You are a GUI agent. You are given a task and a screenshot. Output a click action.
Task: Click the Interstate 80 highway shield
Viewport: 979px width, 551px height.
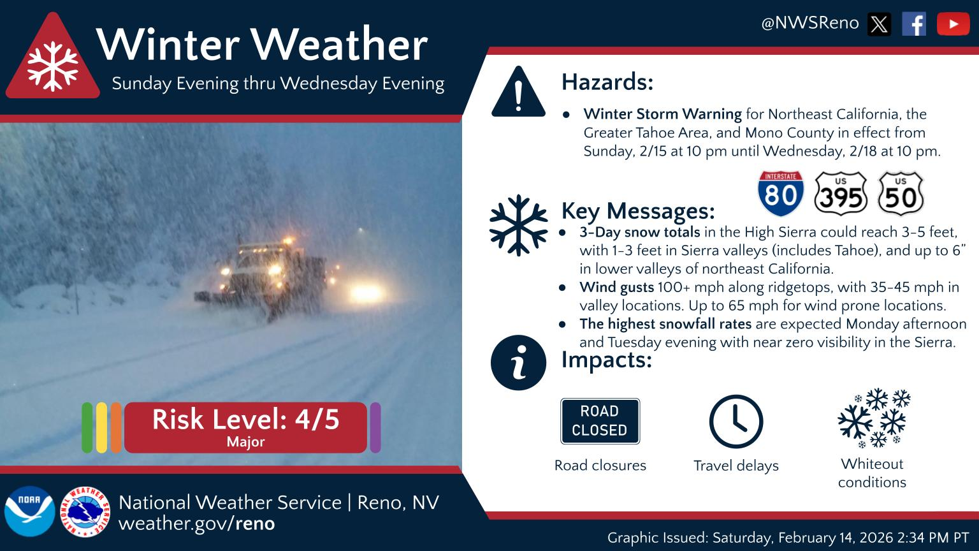(780, 193)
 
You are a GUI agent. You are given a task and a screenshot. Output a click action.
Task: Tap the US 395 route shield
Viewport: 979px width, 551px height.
(841, 193)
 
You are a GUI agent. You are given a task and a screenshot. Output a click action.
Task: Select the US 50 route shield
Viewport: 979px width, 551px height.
(900, 193)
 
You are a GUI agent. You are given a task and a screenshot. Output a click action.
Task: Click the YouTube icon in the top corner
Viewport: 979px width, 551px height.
(953, 24)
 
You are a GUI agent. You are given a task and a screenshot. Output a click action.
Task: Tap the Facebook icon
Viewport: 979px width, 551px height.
(914, 24)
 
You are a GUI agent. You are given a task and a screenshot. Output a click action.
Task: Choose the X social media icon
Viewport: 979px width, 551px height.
(879, 24)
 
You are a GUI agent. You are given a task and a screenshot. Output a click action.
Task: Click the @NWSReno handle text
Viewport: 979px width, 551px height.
(809, 24)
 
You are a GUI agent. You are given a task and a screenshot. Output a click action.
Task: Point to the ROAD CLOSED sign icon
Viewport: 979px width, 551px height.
(600, 421)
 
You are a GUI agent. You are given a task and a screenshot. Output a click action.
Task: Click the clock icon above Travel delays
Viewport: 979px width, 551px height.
(736, 422)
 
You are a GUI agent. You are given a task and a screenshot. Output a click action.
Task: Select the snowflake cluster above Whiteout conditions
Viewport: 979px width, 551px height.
(873, 418)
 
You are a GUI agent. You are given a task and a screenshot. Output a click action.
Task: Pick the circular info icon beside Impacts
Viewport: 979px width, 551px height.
(518, 362)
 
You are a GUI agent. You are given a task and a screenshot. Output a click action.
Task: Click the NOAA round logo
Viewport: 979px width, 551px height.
(29, 511)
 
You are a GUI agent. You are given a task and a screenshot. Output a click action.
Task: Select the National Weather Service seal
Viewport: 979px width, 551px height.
(85, 511)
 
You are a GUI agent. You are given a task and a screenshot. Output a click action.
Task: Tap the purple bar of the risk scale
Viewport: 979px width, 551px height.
(375, 427)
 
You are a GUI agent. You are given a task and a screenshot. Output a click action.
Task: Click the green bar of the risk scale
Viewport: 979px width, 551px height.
(87, 427)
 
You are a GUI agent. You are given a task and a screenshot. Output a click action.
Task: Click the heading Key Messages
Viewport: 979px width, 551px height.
(637, 210)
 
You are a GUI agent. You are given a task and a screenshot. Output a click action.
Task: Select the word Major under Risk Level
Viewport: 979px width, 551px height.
(245, 442)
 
